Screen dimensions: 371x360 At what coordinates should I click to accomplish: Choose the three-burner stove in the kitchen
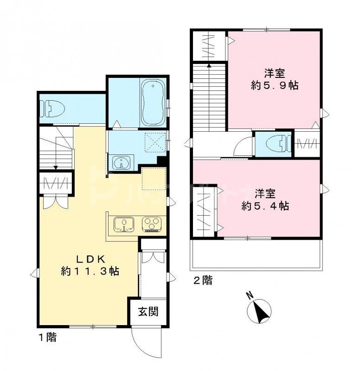pyautogui.click(x=151, y=224)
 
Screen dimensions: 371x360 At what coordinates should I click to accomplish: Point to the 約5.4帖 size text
pyautogui.click(x=265, y=206)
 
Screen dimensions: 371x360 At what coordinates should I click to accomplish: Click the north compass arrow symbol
pyautogui.click(x=262, y=311)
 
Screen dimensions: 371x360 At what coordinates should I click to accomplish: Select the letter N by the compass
pyautogui.click(x=250, y=295)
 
